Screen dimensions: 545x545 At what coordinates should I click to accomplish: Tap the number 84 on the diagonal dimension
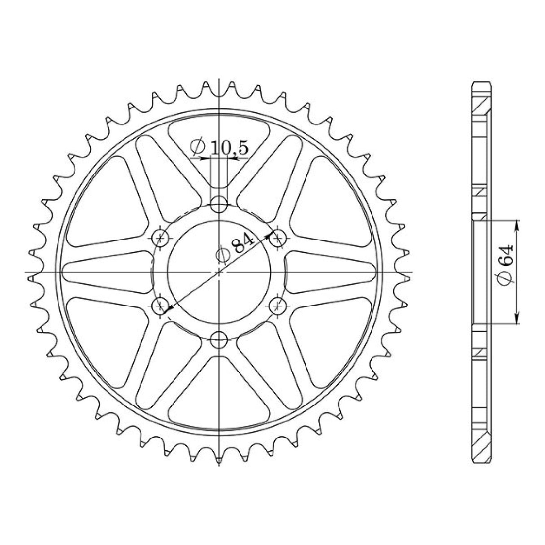pos(243,244)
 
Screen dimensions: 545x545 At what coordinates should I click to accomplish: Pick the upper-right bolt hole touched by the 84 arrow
pos(278,238)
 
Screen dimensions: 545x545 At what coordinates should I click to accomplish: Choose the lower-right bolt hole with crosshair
pos(278,307)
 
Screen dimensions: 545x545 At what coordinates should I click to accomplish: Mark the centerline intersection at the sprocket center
pos(219,272)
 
